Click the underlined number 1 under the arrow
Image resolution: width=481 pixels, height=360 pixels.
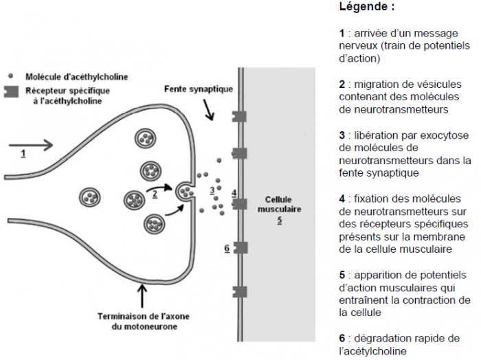pos(23,153)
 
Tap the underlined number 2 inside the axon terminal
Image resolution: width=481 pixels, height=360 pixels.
pos(155,194)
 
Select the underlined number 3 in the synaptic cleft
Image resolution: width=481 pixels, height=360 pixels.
pos(212,190)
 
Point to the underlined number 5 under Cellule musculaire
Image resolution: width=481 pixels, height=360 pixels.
pos(280,220)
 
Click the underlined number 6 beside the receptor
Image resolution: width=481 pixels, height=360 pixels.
pos(227,249)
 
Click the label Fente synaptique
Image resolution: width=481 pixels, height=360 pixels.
pos(199,89)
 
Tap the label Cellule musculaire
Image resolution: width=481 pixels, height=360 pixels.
pos(279,204)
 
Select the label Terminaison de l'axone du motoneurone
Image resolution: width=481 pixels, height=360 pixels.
pos(144,322)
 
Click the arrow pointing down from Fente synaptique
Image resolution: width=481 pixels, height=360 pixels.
pos(208,110)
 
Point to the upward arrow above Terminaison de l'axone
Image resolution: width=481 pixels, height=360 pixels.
pos(142,295)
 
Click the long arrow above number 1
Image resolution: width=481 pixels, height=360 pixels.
pos(31,145)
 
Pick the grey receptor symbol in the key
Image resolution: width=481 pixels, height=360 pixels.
pos(11,91)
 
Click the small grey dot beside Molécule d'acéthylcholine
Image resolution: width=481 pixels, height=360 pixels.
pos(11,76)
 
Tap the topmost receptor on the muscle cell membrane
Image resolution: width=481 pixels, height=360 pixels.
pos(239,117)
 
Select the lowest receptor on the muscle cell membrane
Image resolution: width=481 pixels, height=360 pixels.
pos(240,292)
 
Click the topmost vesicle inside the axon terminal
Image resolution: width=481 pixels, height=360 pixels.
pos(145,138)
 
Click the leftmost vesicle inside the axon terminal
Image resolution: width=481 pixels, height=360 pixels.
pos(90,197)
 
